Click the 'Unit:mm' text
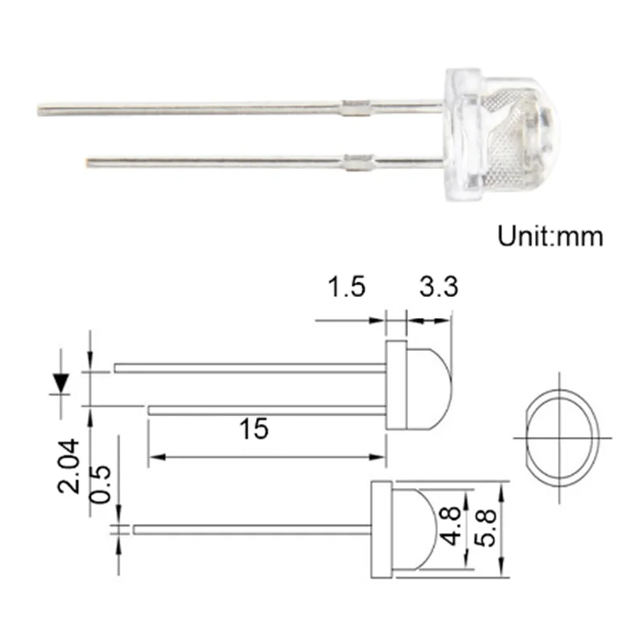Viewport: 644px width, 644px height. tap(551, 236)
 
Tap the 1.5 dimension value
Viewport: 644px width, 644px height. tap(347, 287)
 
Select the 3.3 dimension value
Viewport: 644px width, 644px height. tap(439, 287)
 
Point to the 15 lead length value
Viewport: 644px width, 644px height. tap(254, 428)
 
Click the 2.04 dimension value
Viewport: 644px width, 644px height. tap(69, 465)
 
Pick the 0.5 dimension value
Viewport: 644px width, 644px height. tap(101, 485)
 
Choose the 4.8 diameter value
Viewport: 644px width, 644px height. tap(452, 526)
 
